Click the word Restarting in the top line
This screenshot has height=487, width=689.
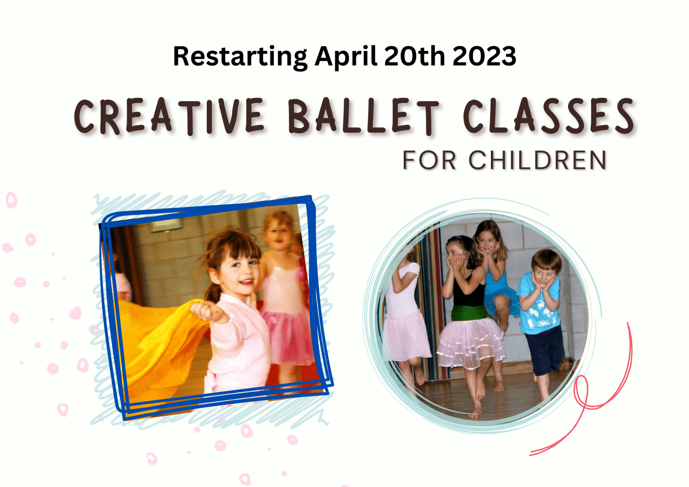240,57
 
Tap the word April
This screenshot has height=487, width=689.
346,57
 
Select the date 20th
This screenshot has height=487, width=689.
414,56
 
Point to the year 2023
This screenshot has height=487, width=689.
484,56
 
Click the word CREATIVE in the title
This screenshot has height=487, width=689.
169,117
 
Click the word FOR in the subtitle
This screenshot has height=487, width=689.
429,160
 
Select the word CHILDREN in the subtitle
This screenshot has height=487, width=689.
538,160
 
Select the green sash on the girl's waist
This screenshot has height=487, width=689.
470,313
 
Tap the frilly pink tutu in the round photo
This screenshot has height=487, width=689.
470,343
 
